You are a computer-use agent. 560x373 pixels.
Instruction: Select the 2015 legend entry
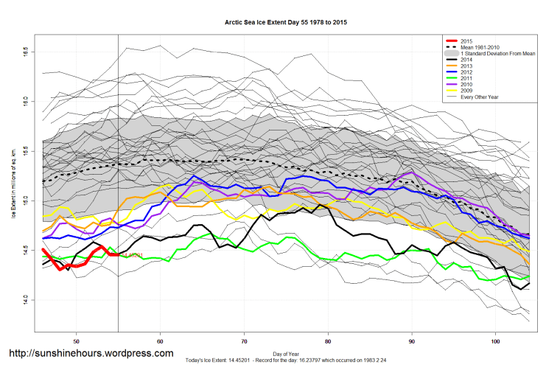point(466,41)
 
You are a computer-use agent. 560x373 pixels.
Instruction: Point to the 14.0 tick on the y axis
point(24,299)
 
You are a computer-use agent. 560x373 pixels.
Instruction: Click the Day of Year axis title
point(286,353)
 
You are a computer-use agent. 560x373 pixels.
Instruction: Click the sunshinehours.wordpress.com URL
point(91,354)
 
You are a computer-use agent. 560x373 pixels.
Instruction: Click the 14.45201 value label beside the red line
point(131,255)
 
